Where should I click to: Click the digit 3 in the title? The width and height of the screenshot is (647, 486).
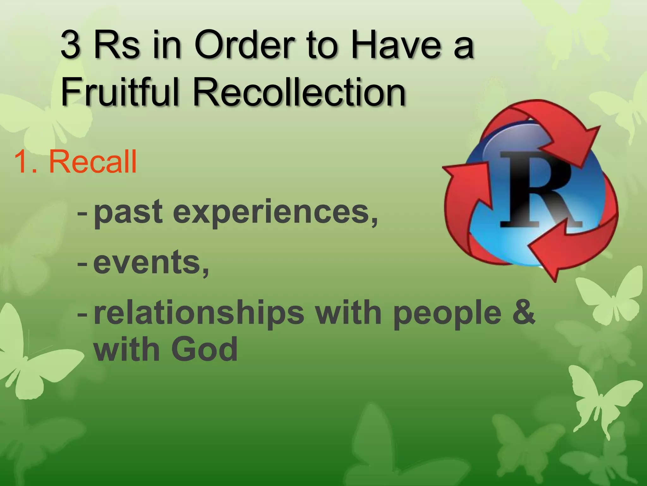(x=70, y=45)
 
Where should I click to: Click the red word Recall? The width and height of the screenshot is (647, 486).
(x=93, y=162)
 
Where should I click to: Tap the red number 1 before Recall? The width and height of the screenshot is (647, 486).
(x=22, y=162)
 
